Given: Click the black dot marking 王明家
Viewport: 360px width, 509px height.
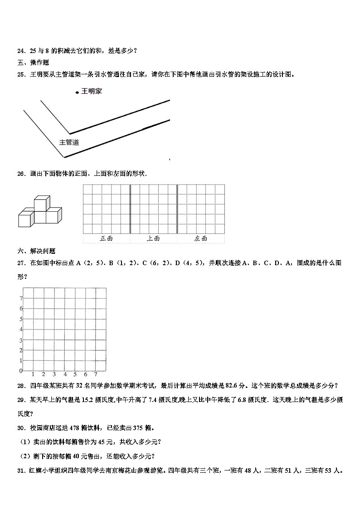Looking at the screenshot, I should click(x=78, y=92).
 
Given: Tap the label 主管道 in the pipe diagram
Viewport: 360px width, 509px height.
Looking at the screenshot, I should click(x=69, y=142).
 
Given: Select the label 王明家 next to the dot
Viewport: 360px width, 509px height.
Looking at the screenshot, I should click(x=92, y=92).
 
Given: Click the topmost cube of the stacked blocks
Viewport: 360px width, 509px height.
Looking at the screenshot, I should click(x=42, y=203).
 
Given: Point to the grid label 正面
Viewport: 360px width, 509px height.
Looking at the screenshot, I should click(x=106, y=238).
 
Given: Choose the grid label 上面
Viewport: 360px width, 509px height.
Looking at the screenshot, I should click(x=153, y=238).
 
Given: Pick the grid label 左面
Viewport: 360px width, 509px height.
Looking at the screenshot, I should click(x=200, y=238).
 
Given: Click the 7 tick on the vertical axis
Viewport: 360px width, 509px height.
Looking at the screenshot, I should click(x=21, y=298).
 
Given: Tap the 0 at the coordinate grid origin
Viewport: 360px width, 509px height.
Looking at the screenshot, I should click(x=21, y=371).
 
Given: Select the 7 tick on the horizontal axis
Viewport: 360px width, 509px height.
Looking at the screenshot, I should click(x=96, y=374).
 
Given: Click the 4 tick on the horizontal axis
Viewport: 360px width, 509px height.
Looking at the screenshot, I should click(x=65, y=374).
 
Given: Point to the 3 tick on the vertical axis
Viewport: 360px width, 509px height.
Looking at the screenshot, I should click(x=21, y=340).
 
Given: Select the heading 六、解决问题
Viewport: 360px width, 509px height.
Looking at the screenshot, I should click(x=36, y=251).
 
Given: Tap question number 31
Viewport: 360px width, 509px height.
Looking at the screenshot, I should click(x=20, y=471).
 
